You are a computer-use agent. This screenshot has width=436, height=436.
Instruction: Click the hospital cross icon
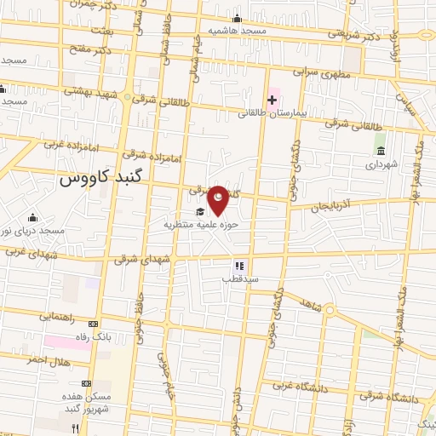[272, 100]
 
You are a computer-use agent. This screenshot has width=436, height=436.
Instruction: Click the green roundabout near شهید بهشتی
[127, 98]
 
